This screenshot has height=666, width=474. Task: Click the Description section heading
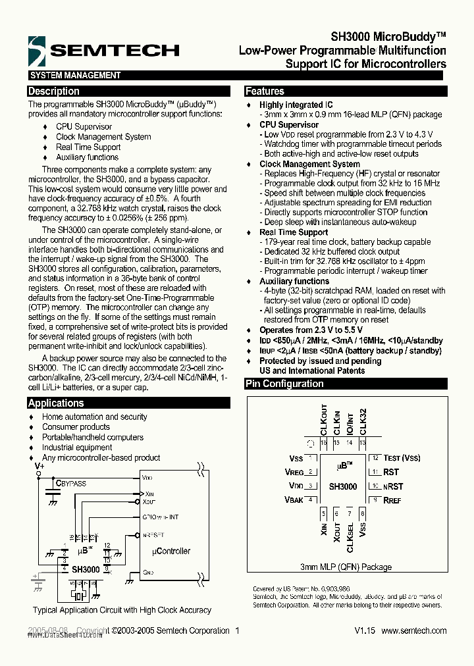tap(54, 91)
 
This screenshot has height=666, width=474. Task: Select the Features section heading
tap(265, 91)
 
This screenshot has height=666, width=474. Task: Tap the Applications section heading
tap(56, 403)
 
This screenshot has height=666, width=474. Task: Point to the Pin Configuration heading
tap(284, 384)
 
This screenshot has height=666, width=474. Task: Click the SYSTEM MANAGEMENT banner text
tap(75, 76)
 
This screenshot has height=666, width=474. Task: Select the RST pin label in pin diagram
tap(391, 472)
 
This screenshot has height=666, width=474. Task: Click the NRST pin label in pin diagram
tap(393, 486)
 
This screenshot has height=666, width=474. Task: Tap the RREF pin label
tap(392, 500)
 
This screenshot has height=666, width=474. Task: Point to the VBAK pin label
tap(294, 500)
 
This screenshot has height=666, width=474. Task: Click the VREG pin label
tap(294, 472)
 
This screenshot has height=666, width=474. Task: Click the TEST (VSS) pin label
tap(402, 458)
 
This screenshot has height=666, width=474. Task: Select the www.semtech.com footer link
tap(413, 630)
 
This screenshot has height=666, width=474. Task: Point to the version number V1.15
tap(365, 630)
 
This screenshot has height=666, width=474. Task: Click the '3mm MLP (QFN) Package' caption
tap(346, 567)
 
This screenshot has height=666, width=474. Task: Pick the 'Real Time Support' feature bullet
tap(294, 232)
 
